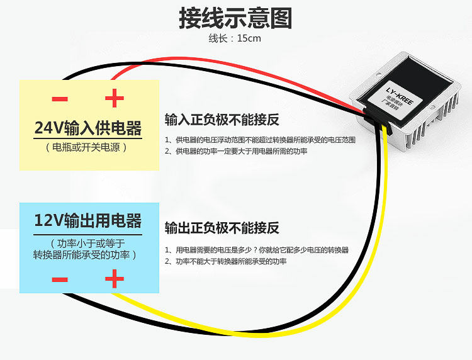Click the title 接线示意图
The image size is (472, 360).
235,18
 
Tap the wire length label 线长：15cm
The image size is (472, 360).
234,38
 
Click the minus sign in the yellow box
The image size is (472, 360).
60,98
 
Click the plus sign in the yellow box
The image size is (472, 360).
114,98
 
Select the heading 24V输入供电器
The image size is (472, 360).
87,128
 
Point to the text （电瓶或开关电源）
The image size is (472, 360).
87,147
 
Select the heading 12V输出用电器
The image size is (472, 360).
87,221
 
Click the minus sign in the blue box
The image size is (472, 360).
60,279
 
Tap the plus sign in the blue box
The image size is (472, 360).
114,279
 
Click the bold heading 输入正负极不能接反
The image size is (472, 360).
222,120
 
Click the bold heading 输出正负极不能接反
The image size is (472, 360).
222,227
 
